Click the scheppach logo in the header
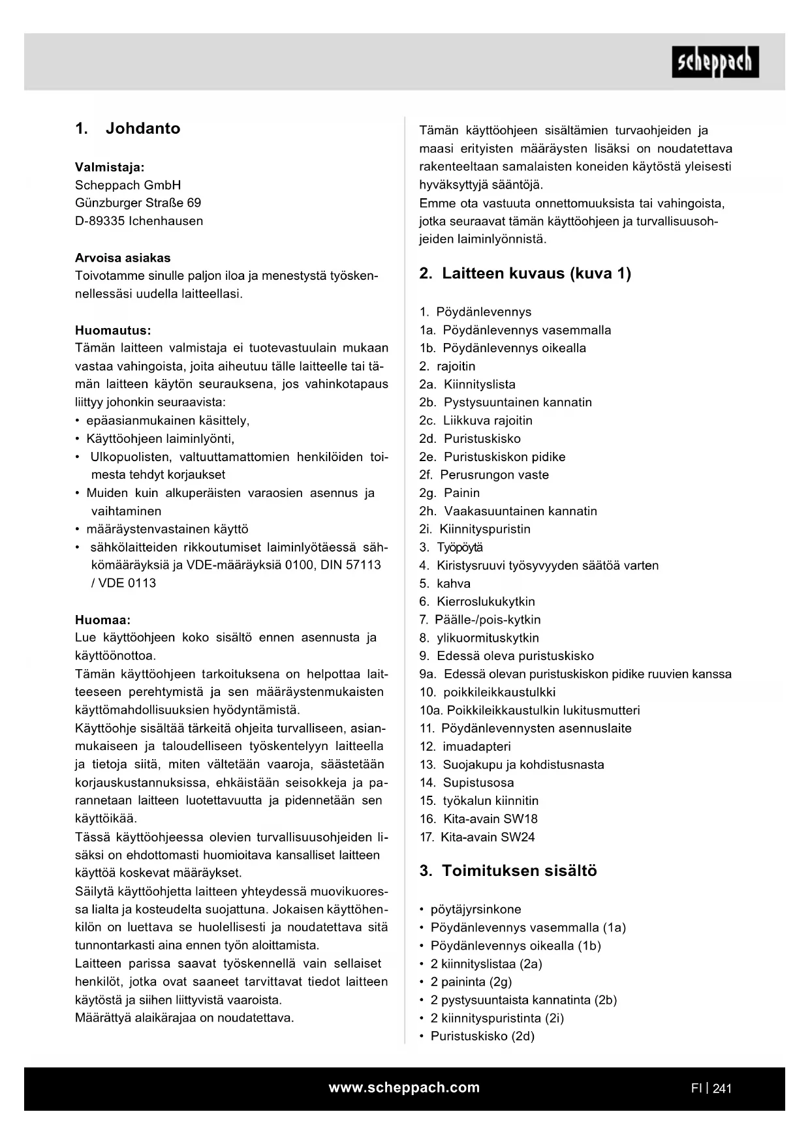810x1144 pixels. [x=715, y=62]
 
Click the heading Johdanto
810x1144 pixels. [x=142, y=128]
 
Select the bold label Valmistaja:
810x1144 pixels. [x=110, y=167]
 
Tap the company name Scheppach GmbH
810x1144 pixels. [x=128, y=185]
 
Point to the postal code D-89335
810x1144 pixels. [x=100, y=221]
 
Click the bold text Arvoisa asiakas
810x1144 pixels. [x=123, y=258]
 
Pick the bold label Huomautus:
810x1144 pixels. [x=113, y=330]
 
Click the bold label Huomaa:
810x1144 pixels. [x=102, y=620]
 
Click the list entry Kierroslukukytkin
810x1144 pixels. [x=485, y=601]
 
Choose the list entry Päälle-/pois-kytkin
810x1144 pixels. [x=487, y=620]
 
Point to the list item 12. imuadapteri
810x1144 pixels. [x=465, y=746]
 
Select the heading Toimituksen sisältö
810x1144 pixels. [x=519, y=871]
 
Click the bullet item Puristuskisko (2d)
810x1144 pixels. [x=482, y=1036]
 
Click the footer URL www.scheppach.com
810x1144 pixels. [x=404, y=1087]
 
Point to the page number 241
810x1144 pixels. [x=722, y=1088]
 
